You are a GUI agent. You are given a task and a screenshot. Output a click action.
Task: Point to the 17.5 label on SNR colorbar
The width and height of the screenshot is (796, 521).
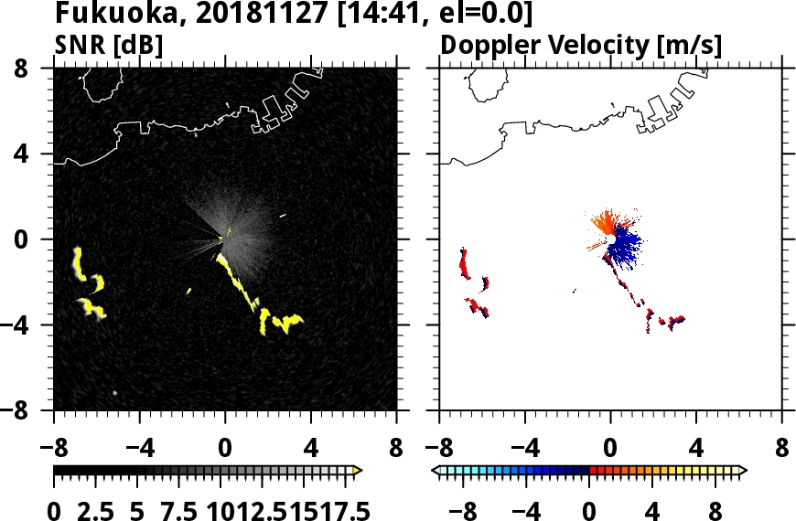(339, 512)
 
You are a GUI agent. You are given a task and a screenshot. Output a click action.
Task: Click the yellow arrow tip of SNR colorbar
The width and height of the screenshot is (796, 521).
(358, 471)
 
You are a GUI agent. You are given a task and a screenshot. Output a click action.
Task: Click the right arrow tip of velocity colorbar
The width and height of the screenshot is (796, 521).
(742, 471)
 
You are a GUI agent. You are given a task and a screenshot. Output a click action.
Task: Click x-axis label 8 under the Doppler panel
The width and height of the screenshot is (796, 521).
(782, 450)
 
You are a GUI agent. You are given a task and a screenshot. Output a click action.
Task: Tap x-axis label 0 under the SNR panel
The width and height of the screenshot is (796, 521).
(225, 450)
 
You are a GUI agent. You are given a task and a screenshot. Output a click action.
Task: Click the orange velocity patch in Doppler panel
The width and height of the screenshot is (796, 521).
(604, 223)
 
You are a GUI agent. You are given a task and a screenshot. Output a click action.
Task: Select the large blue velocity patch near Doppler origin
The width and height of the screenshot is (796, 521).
(626, 246)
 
